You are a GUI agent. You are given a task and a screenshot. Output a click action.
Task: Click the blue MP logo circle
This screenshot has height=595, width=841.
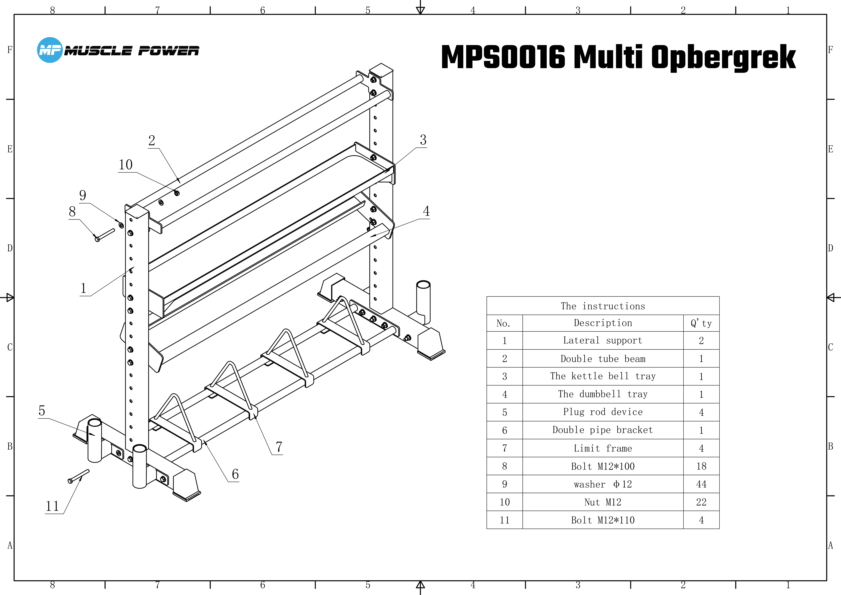point(50,50)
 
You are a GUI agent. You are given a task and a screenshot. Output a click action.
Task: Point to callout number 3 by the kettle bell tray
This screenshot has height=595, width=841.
point(423,140)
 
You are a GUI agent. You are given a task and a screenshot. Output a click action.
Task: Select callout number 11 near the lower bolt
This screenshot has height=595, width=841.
point(52,506)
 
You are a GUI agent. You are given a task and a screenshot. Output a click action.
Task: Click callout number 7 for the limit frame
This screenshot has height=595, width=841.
point(279,447)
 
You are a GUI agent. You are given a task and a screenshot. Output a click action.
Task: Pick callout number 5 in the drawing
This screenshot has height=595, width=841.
point(42,411)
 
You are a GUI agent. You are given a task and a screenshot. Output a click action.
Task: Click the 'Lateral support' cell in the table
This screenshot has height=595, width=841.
point(603,340)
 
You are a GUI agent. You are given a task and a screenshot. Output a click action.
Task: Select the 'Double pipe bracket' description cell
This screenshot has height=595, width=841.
point(603,430)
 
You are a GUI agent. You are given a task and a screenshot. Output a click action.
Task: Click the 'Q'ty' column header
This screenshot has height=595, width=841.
point(701,323)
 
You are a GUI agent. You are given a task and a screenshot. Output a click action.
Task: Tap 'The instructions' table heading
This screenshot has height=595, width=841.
point(603,306)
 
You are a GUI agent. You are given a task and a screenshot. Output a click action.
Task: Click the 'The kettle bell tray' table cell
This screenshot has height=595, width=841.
point(603,376)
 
